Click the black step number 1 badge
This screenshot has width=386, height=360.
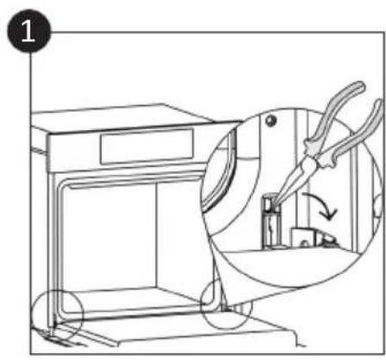[29, 31]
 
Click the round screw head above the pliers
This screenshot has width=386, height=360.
[271, 121]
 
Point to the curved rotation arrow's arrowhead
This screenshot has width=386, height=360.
[330, 214]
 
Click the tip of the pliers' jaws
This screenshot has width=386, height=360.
[273, 203]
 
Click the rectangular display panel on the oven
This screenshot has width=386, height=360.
[146, 147]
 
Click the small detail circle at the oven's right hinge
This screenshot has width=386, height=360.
[226, 304]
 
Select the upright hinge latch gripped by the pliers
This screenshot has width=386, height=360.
[271, 222]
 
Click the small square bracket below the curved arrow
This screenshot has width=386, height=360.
[302, 237]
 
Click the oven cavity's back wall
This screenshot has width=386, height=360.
[109, 235]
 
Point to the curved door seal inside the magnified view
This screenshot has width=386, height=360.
[222, 172]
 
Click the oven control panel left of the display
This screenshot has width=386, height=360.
[74, 152]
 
